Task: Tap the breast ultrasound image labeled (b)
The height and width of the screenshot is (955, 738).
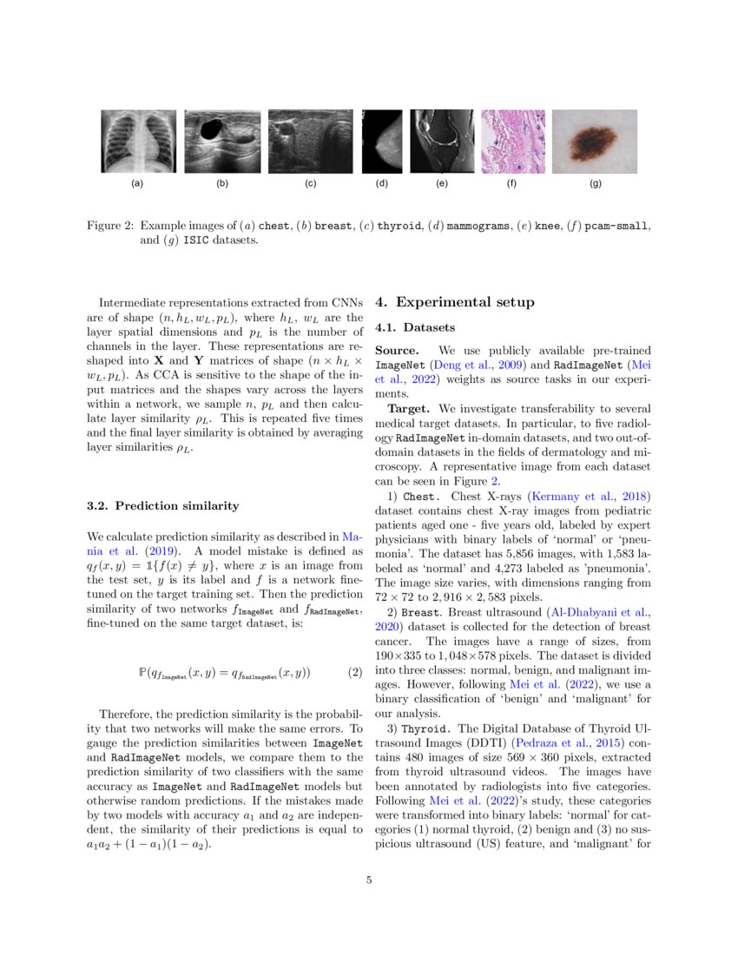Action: click(x=222, y=142)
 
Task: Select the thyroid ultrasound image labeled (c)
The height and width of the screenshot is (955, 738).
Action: click(x=310, y=142)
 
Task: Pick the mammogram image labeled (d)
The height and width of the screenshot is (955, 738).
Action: click(x=382, y=142)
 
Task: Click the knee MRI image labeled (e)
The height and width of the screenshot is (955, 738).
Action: click(x=442, y=142)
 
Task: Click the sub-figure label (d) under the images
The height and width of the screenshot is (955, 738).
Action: click(x=382, y=184)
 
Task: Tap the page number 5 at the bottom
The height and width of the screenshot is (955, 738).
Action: click(x=369, y=880)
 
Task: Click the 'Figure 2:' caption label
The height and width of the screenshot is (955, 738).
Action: click(x=110, y=226)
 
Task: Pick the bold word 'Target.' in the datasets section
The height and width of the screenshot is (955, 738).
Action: click(x=410, y=408)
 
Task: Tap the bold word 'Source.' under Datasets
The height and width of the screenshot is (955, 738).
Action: click(x=397, y=350)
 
